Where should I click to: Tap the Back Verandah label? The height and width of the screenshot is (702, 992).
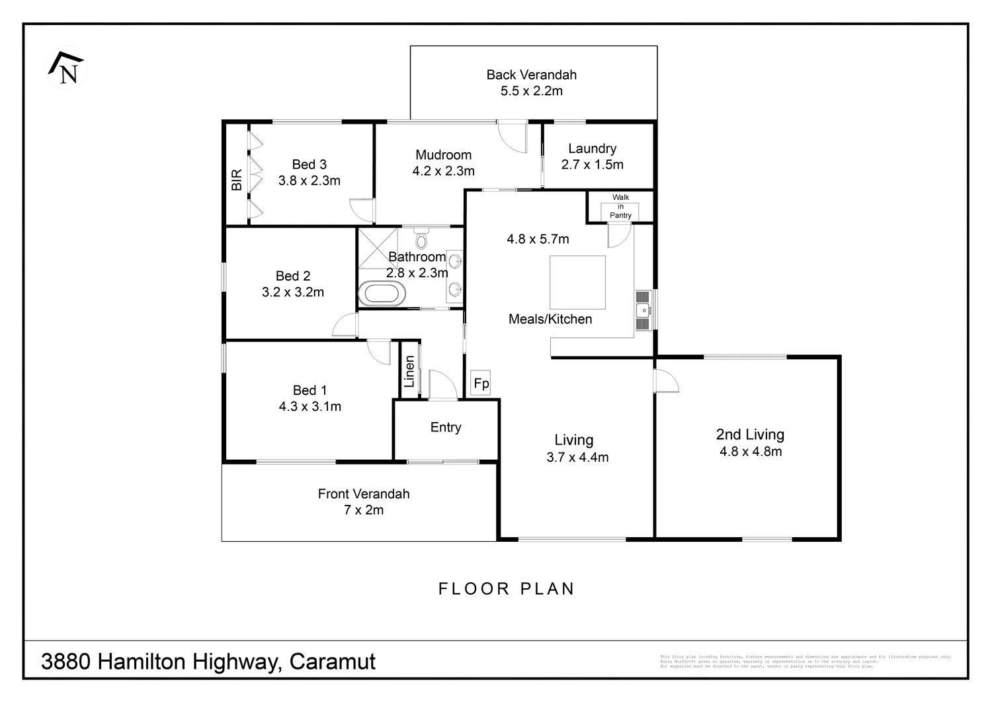531,75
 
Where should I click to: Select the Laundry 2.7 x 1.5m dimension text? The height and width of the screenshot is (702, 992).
592,165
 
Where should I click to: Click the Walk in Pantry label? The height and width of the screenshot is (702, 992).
620,206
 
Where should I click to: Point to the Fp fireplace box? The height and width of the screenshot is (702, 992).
481,383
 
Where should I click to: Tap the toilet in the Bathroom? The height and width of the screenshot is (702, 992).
422,239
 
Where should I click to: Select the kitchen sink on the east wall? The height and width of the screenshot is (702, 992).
643,310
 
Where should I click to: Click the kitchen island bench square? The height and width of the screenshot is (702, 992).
577,282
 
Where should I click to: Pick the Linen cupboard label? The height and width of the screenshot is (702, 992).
409,371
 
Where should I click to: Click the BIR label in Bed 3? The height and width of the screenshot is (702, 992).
237,180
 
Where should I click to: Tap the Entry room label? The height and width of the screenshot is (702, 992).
445,427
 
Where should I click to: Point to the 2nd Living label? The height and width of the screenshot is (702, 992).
750,435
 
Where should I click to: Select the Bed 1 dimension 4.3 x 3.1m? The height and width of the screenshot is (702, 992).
310,406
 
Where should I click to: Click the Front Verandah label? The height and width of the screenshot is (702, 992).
363,494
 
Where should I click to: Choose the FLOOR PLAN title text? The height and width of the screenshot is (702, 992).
507,589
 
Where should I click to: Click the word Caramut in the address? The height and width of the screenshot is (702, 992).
333,662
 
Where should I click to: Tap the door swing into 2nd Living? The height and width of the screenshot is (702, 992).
666,382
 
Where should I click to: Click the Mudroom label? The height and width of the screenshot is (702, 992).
443,155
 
